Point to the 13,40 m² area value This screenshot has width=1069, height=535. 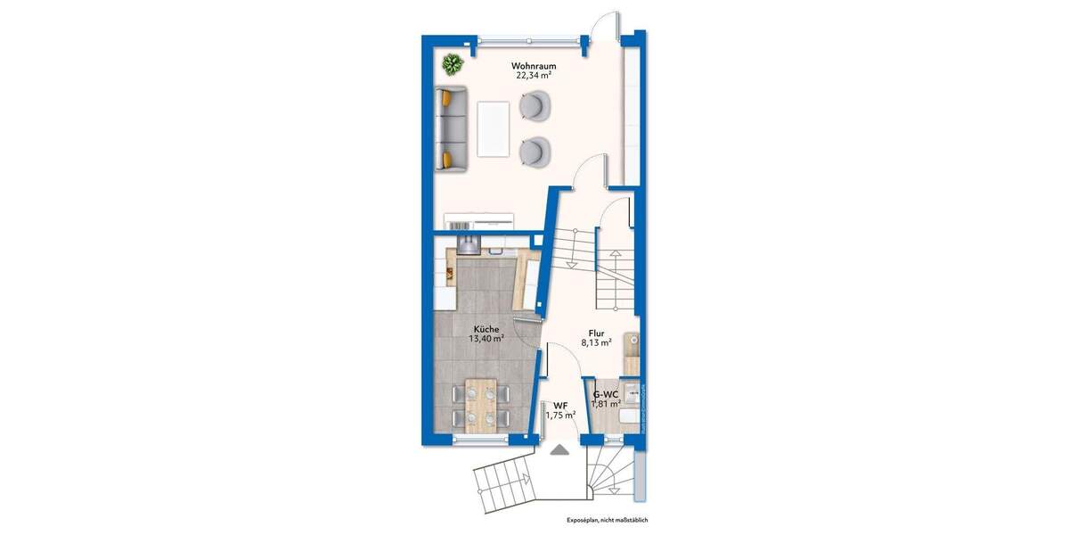[x=486, y=339]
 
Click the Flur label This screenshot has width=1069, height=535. [x=597, y=332]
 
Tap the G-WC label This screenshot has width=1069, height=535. [x=606, y=394]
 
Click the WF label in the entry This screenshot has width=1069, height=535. [x=560, y=404]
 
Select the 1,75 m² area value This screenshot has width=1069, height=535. [x=560, y=415]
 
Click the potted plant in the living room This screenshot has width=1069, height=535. [x=453, y=64]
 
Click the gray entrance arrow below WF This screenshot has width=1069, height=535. [x=559, y=450]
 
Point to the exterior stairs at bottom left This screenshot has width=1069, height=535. [x=505, y=486]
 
